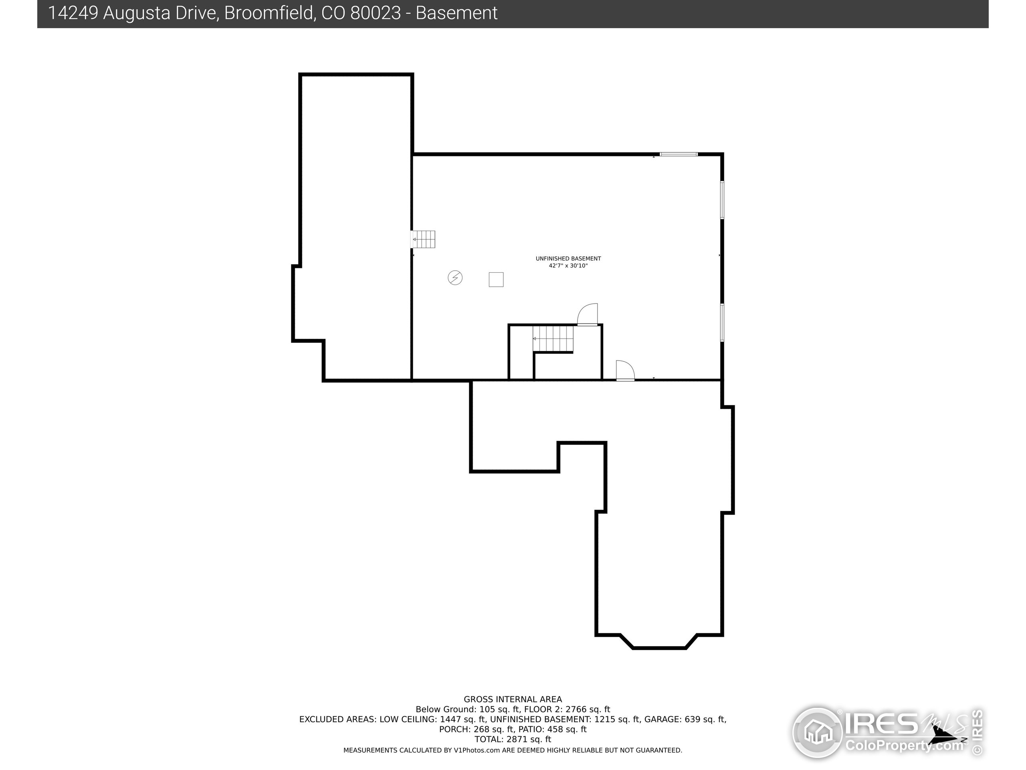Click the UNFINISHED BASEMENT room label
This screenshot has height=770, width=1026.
(x=568, y=259)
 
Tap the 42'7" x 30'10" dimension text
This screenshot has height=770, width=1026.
(x=568, y=266)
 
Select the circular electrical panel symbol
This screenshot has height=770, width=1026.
(x=455, y=278)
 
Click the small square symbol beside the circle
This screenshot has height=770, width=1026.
(x=496, y=280)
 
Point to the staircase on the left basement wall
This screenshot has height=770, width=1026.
(x=424, y=239)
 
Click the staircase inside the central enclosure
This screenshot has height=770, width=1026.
(x=553, y=339)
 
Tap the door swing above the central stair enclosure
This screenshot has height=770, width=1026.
(x=588, y=314)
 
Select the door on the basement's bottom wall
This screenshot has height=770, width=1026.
(x=625, y=371)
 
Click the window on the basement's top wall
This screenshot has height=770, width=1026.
(x=679, y=154)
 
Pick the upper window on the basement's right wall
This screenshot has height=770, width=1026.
(x=722, y=200)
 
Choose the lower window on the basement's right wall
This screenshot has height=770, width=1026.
(x=722, y=322)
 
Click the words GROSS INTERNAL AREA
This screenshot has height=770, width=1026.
(x=513, y=699)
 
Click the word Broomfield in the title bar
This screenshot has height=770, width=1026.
(x=269, y=13)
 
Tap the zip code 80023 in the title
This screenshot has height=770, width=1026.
(x=375, y=13)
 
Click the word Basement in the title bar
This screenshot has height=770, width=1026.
(x=456, y=13)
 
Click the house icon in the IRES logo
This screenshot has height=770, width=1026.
(x=817, y=732)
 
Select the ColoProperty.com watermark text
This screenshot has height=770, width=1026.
(x=905, y=746)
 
